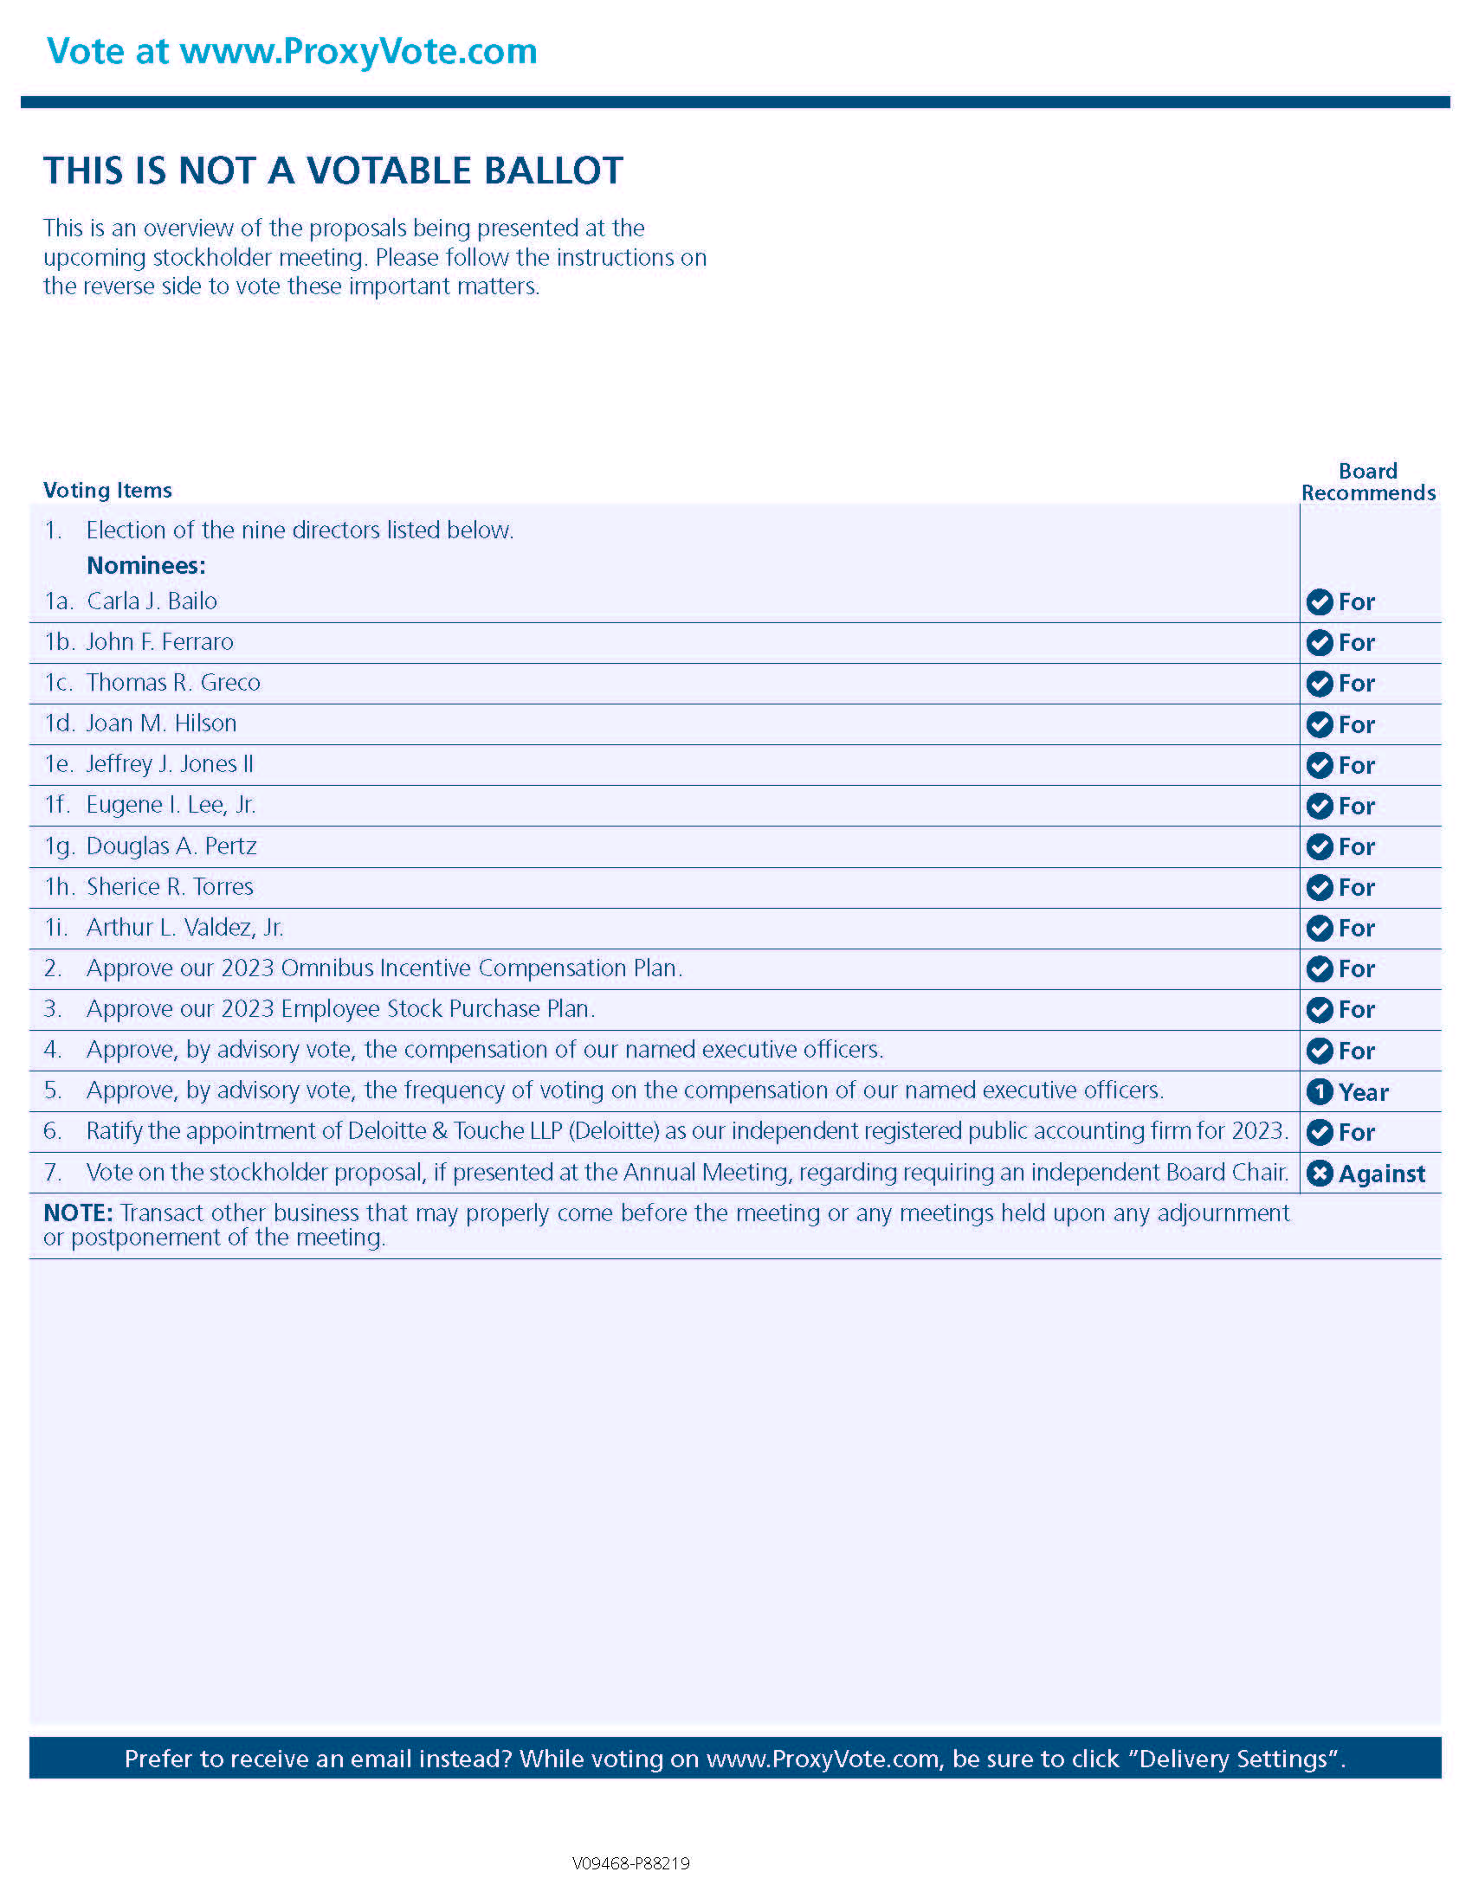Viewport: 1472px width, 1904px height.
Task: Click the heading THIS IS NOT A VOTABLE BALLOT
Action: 333,170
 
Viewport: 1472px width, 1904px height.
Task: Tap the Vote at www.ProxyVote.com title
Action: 291,51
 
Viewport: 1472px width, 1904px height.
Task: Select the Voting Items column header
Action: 107,490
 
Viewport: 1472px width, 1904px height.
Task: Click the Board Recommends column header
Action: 1367,482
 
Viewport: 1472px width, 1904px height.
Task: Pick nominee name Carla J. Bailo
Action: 152,601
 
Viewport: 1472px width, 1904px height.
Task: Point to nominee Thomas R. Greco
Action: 172,683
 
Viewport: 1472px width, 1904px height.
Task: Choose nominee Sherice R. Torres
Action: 169,886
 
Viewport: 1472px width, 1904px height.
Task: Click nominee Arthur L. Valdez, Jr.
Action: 185,928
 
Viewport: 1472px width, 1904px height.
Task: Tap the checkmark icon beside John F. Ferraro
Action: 1320,642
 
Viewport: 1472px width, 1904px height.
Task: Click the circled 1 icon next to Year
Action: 1320,1091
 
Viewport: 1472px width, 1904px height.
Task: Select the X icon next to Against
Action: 1320,1174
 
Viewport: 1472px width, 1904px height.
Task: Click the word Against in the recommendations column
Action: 1381,1174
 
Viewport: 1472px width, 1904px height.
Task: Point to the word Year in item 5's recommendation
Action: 1363,1092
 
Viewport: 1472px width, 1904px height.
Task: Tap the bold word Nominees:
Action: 145,566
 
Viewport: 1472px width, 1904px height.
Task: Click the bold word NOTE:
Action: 78,1213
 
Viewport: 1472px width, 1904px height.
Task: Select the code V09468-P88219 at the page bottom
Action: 630,1863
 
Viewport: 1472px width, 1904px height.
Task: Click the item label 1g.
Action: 59,846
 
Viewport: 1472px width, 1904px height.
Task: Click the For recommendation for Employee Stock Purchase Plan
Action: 1356,1009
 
